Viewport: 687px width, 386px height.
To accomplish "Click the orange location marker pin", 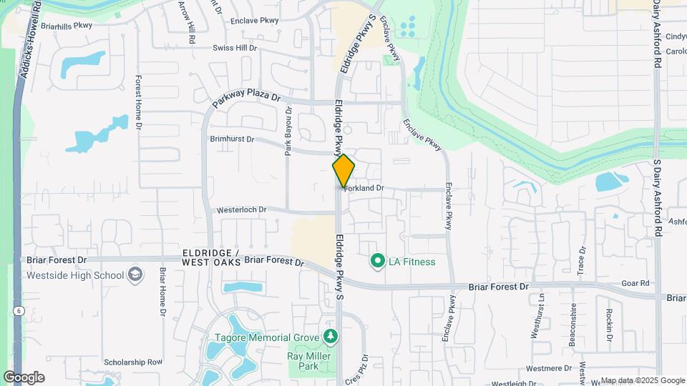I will pos(343,170).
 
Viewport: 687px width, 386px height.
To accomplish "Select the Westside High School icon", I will pos(135,275).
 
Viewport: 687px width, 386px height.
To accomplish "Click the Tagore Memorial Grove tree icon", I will pos(330,336).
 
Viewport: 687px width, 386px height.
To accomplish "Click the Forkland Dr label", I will pos(364,188).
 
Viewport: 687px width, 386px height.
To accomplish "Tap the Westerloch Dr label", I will pos(242,210).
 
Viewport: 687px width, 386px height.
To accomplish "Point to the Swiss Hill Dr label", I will pos(235,48).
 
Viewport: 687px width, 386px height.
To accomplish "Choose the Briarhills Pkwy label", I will pos(67,25).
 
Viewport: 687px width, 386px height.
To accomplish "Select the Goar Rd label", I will pos(635,283).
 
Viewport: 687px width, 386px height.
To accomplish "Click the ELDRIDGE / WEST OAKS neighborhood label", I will pos(211,258).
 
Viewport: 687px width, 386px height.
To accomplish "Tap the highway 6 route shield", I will pos(16,311).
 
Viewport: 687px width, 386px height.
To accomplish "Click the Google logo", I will pos(24,377).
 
